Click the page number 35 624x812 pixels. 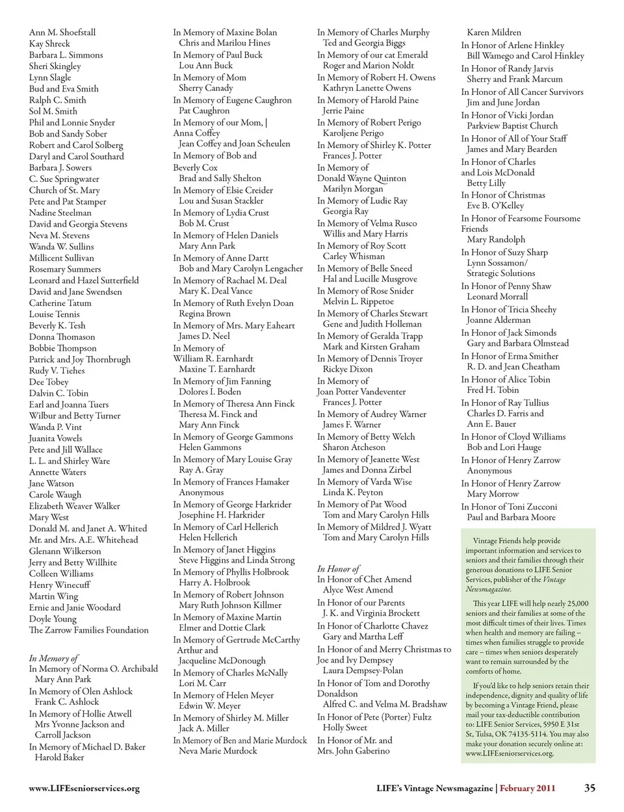590,788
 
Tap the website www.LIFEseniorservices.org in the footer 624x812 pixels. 84,789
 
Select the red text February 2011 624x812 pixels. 528,789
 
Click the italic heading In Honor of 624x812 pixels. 339,568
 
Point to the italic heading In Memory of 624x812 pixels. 53,658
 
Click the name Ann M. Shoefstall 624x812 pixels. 62,32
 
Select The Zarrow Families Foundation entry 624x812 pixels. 89,630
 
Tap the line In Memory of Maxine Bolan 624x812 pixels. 225,32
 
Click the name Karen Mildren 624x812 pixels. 494,32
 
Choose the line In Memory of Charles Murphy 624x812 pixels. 373,32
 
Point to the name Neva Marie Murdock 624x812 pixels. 218,751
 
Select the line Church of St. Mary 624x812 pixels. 64,190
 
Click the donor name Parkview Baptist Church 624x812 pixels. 512,126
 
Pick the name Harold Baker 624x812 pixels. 60,757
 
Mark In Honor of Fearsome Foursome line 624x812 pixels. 521,218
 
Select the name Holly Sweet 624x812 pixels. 345,728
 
